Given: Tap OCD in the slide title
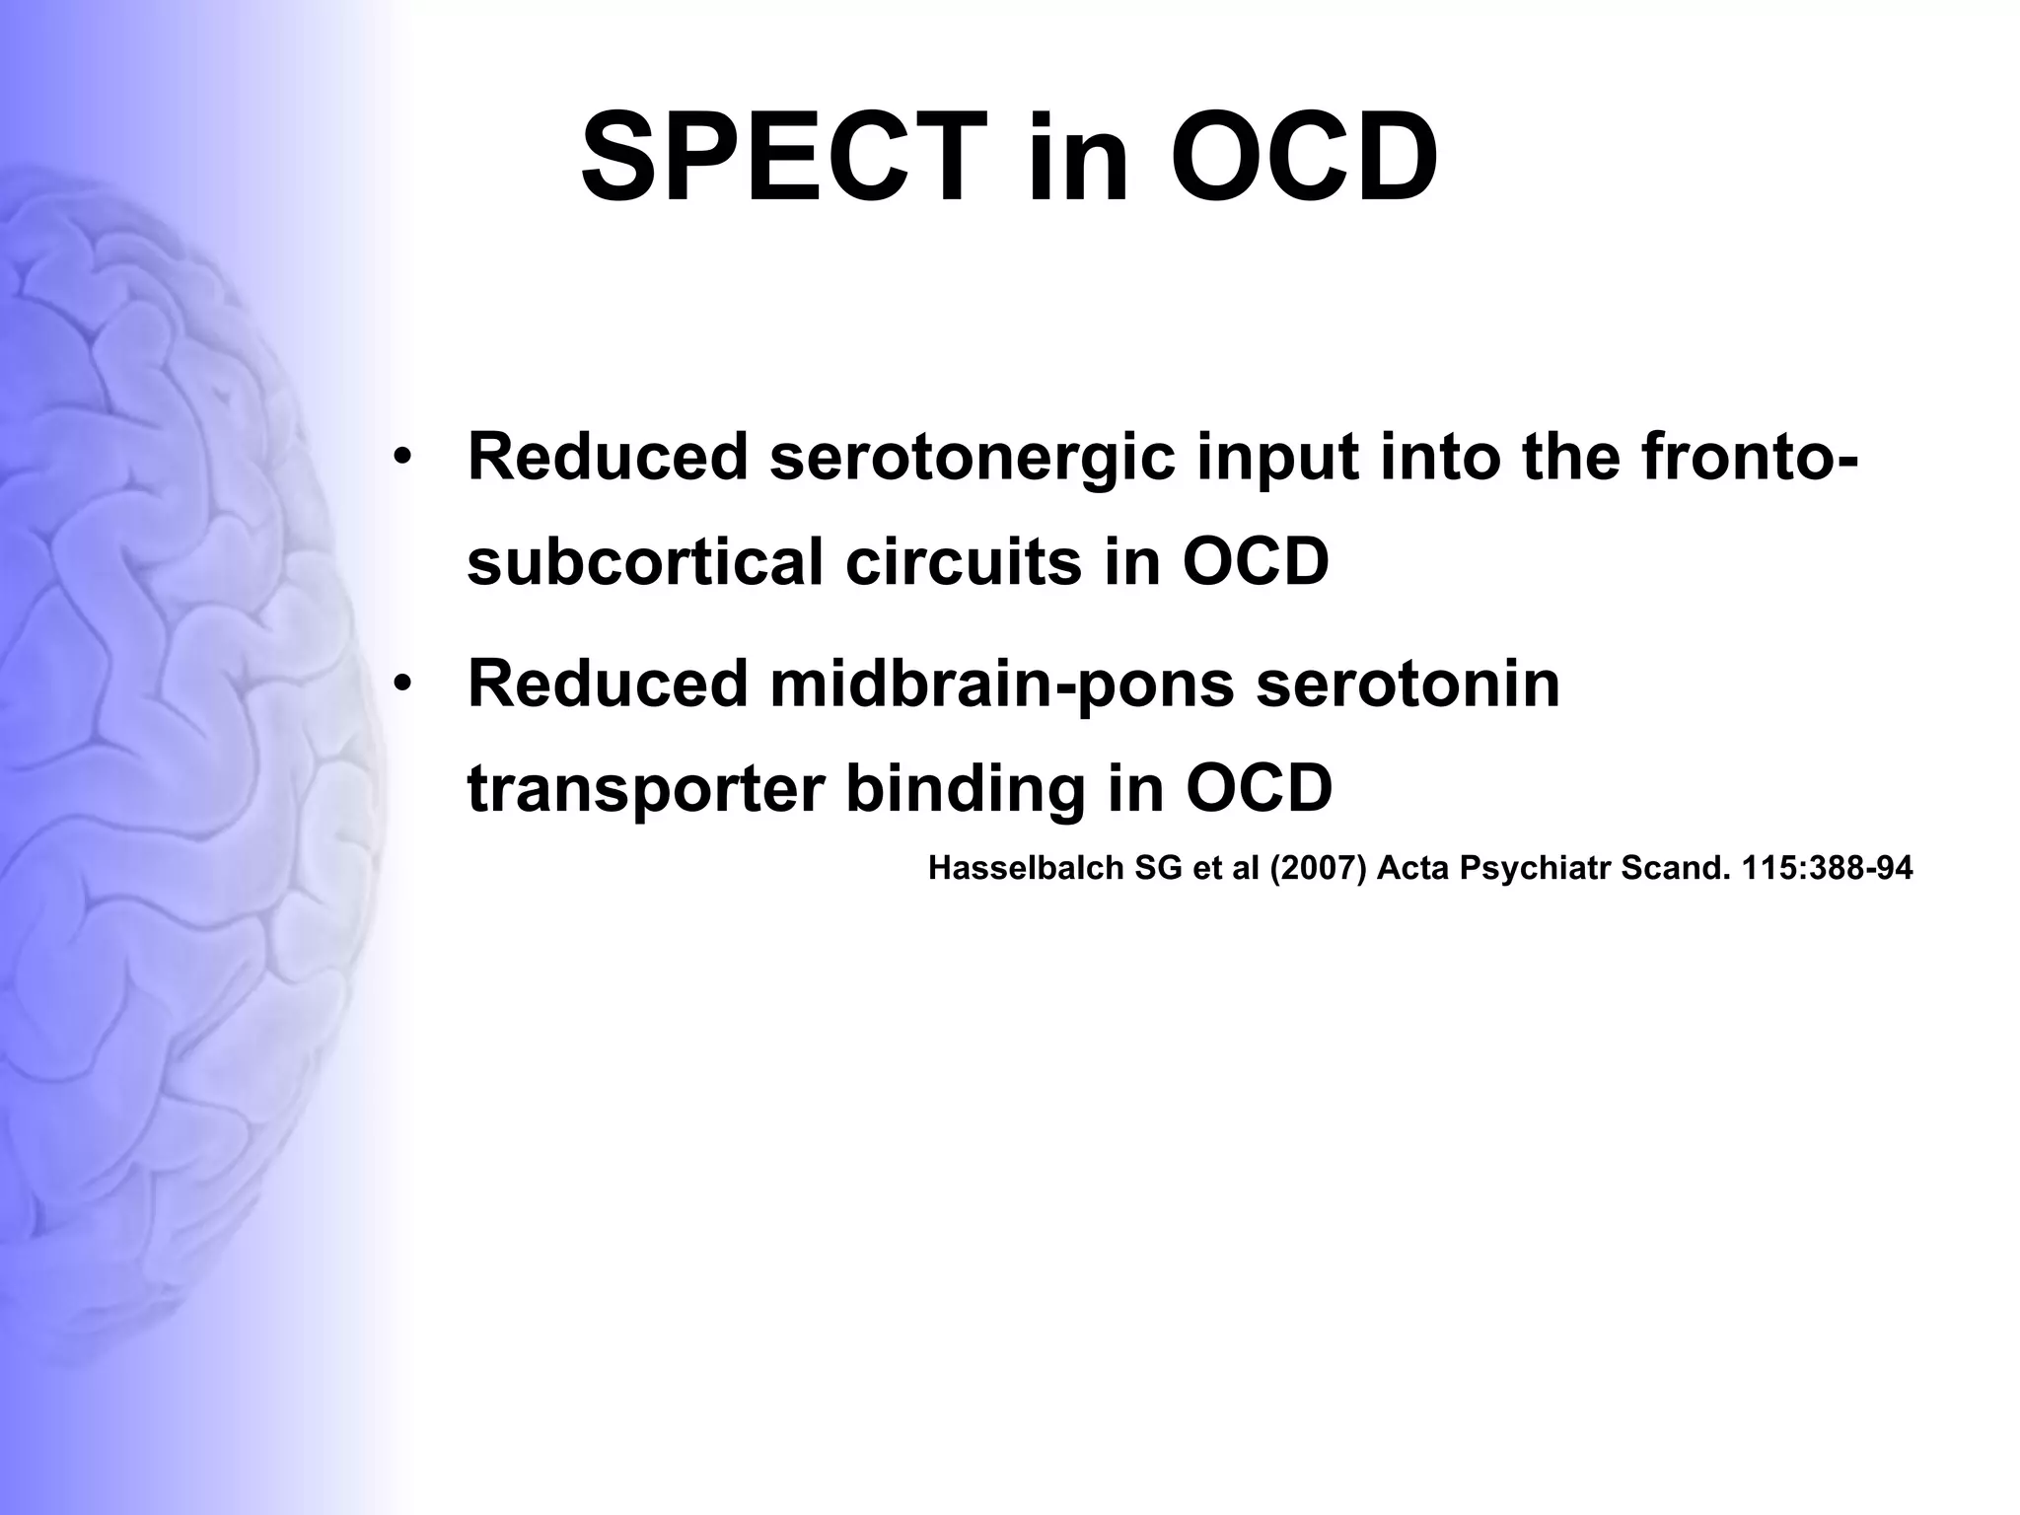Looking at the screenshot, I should [x=1304, y=158].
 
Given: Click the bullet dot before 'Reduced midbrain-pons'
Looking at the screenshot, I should [x=400, y=684].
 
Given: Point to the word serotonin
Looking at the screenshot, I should [x=1407, y=684].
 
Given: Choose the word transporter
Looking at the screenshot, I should [x=646, y=789].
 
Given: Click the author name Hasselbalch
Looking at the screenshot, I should [x=1027, y=868].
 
